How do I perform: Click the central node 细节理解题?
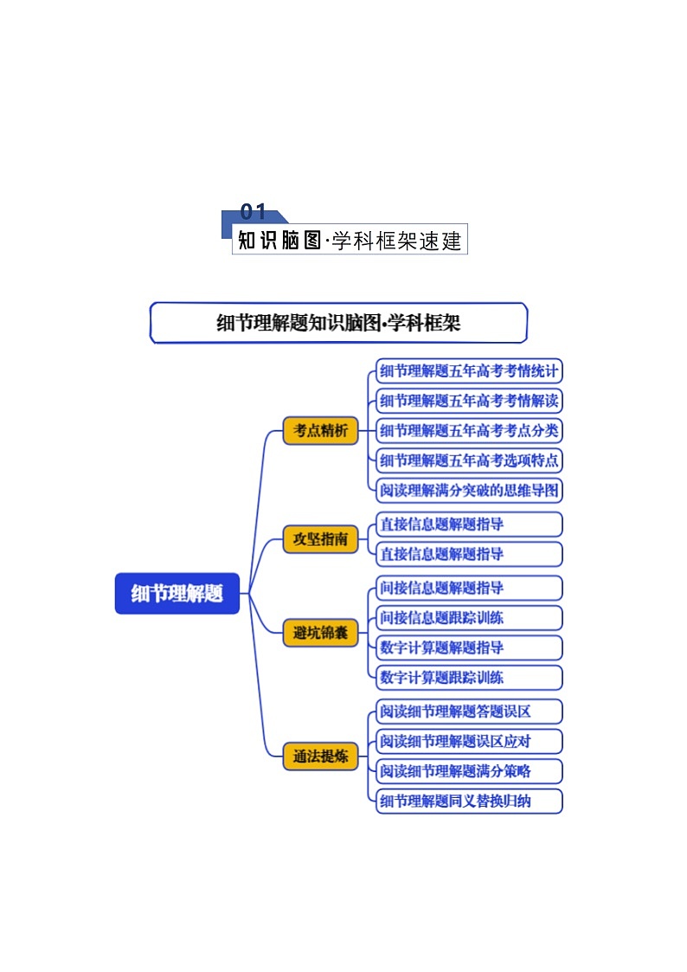click(177, 594)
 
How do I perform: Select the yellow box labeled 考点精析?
click(320, 430)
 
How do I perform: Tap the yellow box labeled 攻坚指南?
click(320, 539)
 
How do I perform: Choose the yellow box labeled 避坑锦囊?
click(320, 634)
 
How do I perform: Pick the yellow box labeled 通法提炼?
click(320, 756)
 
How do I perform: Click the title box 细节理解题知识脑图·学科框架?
click(338, 324)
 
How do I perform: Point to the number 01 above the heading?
click(254, 212)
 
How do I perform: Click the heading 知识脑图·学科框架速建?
click(350, 240)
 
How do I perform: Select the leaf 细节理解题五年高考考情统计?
click(469, 372)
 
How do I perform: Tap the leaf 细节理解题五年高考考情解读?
click(469, 401)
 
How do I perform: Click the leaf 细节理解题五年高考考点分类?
click(469, 430)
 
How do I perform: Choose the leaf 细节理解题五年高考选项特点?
click(469, 460)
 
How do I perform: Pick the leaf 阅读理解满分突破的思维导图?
click(469, 490)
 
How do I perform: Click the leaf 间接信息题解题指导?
click(469, 588)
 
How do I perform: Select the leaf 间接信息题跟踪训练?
click(469, 617)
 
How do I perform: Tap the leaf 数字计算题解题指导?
click(469, 647)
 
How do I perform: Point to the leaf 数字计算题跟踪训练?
click(469, 677)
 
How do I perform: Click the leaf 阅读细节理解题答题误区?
click(469, 711)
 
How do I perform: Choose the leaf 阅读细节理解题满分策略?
click(469, 770)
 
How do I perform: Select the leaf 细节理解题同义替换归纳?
click(469, 801)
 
